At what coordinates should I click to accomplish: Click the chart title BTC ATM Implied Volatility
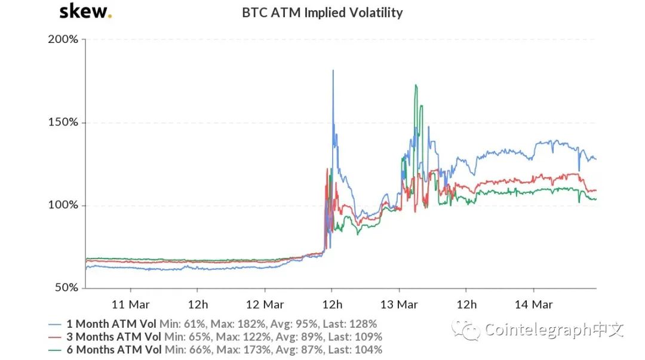pos(322,13)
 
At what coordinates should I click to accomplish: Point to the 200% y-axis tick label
pos(63,40)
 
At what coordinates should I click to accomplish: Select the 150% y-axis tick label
pos(63,122)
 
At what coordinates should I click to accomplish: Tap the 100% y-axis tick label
pos(63,205)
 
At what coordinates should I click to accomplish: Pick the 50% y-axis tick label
pos(65,288)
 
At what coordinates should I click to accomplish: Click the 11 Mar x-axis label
pos(131,304)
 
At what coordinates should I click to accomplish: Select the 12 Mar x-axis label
pos(265,304)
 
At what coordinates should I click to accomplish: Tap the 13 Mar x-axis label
pos(399,304)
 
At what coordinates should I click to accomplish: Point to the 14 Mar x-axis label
pos(533,304)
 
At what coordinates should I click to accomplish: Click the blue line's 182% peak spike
pos(333,71)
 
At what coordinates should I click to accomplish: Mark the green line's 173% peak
pos(416,85)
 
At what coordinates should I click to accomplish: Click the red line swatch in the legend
pos(55,337)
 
